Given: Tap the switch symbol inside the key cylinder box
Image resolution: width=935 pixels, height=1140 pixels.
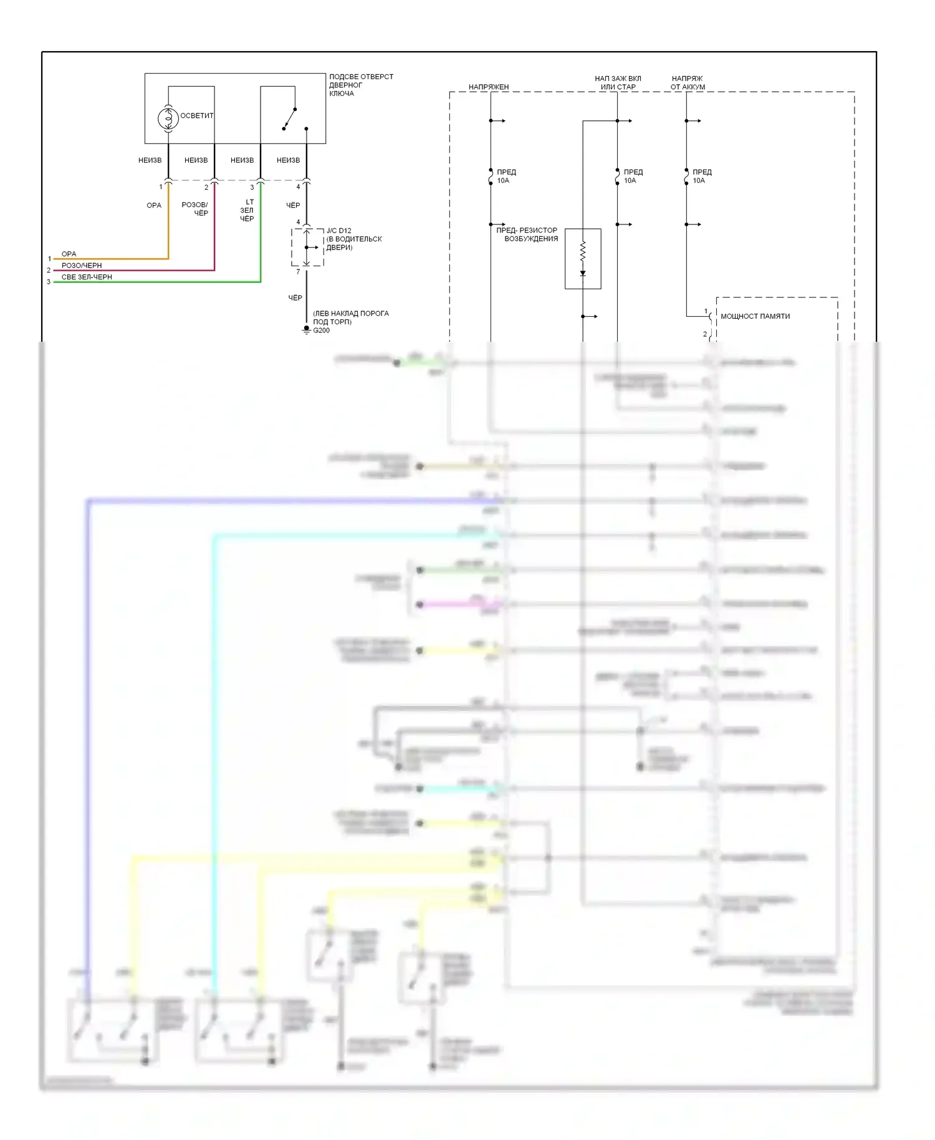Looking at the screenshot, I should click(x=290, y=118).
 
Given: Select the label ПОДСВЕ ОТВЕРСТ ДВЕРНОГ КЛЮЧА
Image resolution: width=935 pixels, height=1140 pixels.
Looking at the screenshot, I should click(x=361, y=85).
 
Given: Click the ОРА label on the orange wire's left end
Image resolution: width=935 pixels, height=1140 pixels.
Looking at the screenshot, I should click(x=69, y=254).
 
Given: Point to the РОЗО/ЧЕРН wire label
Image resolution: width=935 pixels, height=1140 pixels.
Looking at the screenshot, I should click(x=82, y=266).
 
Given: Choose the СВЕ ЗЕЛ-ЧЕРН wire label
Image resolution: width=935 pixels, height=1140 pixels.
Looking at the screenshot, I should click(x=87, y=277).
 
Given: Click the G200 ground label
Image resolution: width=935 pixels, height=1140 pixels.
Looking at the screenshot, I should click(x=322, y=331).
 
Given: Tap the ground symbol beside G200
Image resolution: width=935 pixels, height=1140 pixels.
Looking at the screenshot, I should click(x=306, y=329).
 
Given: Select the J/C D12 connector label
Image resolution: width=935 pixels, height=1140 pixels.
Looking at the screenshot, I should click(x=339, y=231).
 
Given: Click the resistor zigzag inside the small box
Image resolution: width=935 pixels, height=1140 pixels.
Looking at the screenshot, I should click(x=583, y=251).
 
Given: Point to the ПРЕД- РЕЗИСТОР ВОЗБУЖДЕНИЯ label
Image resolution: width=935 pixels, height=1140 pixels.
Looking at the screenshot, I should click(x=528, y=234).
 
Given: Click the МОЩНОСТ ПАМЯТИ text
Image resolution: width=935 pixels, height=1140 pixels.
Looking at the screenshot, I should click(x=755, y=316).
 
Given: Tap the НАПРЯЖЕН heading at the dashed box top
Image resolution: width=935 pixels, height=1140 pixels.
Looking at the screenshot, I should click(x=489, y=87).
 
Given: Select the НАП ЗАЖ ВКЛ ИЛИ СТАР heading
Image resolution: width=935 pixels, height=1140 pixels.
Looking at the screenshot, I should click(x=618, y=83).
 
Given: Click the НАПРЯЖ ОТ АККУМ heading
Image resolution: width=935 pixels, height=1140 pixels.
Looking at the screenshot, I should click(x=688, y=83).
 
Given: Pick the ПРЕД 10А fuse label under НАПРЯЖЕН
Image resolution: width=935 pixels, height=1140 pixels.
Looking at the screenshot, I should click(x=506, y=176).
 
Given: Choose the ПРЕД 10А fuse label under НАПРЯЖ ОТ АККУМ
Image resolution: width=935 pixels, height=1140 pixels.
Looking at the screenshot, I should click(x=702, y=176).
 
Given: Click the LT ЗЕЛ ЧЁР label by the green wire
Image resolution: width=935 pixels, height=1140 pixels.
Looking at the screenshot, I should click(x=247, y=210).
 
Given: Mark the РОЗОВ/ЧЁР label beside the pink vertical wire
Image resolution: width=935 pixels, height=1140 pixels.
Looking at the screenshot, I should click(x=195, y=209).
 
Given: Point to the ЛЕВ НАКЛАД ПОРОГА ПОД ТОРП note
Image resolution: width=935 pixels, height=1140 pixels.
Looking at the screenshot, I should click(x=350, y=317).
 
